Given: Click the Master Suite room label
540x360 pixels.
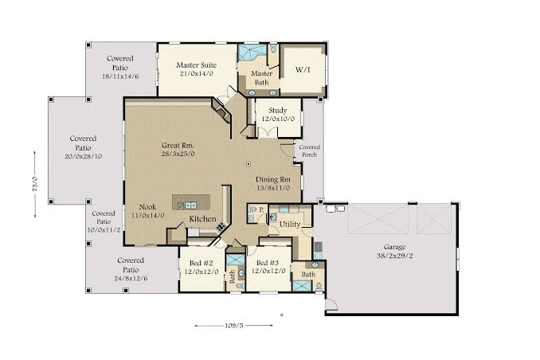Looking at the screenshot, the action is click(196, 65).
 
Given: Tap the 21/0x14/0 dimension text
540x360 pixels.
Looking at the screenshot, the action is click(196, 73).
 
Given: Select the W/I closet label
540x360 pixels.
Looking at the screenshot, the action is click(303, 69).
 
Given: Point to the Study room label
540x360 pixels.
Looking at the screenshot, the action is click(278, 111).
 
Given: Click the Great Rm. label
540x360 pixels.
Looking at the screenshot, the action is click(178, 146).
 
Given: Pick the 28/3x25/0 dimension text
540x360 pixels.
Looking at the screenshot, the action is click(178, 154).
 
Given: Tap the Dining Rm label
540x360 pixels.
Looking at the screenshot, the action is click(273, 179).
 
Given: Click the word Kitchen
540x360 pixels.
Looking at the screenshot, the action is click(203, 219).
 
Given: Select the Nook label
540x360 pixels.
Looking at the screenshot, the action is click(147, 207).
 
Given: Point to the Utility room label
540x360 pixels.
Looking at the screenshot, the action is click(290, 225).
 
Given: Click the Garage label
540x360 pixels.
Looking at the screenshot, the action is click(395, 248).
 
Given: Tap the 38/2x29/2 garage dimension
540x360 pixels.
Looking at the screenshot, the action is click(395, 256).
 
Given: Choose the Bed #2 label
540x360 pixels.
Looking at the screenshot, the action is click(202, 263).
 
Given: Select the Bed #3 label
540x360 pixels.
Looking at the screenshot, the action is click(268, 263).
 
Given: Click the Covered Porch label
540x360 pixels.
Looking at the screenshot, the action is click(309, 151).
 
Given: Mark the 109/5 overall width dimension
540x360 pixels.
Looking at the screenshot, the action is click(234, 325).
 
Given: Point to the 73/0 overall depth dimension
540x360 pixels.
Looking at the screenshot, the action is click(35, 184).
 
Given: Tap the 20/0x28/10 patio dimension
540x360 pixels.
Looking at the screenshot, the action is click(83, 156).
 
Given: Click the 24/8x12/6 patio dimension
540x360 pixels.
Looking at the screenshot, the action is click(131, 278).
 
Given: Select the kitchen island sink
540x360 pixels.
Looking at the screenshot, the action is click(191, 205).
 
